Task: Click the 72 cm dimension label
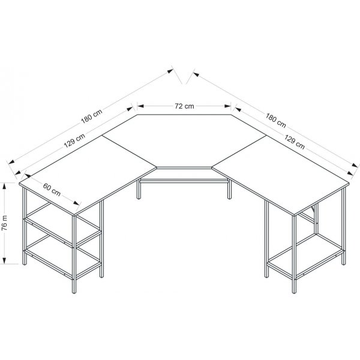pyautogui.click(x=184, y=106)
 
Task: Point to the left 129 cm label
pyautogui.click(x=74, y=142)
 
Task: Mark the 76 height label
pyautogui.click(x=5, y=223)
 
